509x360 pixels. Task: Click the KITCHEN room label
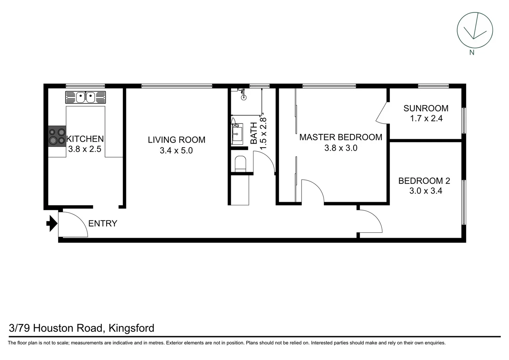tap(85, 139)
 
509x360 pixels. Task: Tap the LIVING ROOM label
tap(177, 140)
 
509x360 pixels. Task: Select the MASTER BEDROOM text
tap(340, 137)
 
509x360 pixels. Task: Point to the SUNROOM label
tap(426, 108)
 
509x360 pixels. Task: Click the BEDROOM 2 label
tap(424, 181)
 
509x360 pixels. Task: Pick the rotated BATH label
tap(254, 133)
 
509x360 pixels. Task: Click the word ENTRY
tap(103, 223)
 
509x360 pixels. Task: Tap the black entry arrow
tap(51, 223)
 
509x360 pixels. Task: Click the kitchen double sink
tap(86, 97)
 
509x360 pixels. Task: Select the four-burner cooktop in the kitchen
tap(57, 136)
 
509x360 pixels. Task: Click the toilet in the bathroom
tap(240, 164)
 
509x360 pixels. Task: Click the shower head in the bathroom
tap(244, 97)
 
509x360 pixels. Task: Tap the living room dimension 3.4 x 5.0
tap(176, 150)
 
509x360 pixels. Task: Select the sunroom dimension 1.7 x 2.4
tap(426, 118)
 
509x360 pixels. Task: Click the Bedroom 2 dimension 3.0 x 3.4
tap(426, 191)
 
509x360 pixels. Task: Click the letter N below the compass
tap(472, 52)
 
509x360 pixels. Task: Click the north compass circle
tap(475, 30)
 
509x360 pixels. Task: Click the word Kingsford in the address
tap(132, 328)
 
